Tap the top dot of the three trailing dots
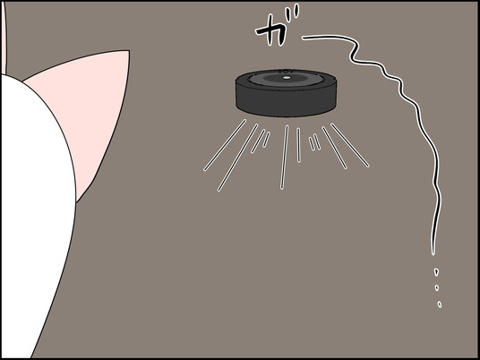click(435, 270)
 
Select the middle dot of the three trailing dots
click(437, 287)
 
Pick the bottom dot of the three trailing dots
click(439, 304)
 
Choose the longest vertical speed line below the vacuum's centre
click(286, 157)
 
